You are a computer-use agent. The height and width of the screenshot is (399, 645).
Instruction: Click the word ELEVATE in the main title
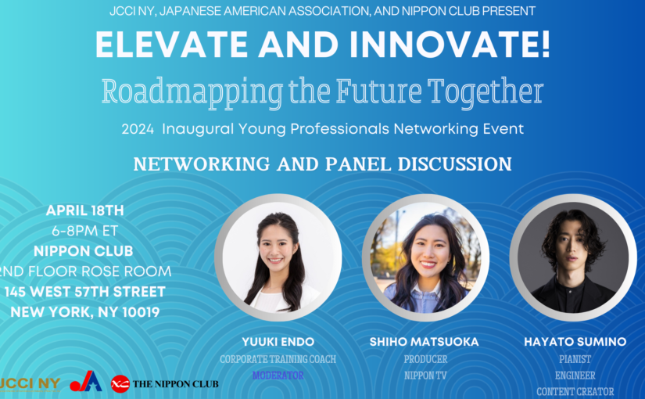(x=171, y=44)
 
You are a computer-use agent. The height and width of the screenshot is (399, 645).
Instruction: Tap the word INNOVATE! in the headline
(x=450, y=44)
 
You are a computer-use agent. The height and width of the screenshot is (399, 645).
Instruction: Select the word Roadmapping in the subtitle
(x=192, y=92)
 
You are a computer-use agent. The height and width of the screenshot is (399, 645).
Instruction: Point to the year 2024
(x=138, y=129)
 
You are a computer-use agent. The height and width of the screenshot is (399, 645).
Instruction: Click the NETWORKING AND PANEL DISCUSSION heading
(x=322, y=164)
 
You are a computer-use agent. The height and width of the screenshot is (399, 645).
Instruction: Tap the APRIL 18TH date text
(x=84, y=210)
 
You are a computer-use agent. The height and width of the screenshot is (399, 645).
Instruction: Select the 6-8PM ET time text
(x=84, y=231)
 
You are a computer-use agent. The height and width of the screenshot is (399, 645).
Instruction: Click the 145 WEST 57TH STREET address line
(x=84, y=292)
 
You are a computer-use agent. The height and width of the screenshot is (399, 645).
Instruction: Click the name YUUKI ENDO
(x=278, y=342)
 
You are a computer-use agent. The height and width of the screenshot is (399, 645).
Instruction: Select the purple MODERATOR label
(x=278, y=375)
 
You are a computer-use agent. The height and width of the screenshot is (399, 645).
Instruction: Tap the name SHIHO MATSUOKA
(x=424, y=342)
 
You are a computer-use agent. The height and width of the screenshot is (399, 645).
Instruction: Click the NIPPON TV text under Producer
(x=425, y=375)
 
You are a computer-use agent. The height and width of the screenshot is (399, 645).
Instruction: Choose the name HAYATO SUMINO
(x=575, y=342)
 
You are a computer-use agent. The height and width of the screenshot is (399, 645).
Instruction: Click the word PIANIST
(x=575, y=359)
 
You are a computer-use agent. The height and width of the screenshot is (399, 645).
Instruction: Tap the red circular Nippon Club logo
(x=120, y=384)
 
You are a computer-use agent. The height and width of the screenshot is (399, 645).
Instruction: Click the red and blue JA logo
(x=86, y=381)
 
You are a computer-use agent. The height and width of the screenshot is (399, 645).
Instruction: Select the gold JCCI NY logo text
(x=30, y=384)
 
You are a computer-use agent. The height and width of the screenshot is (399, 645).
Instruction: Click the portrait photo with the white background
(x=278, y=257)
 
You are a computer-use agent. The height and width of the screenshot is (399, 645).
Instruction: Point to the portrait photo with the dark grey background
(x=573, y=257)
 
